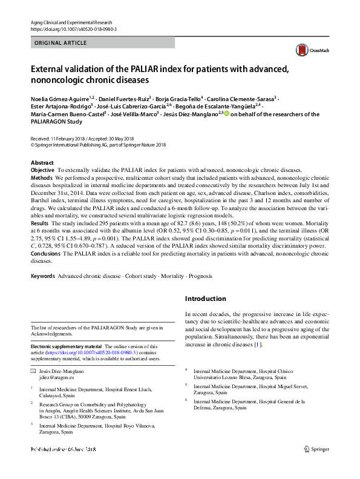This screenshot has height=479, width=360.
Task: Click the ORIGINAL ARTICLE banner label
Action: pos(61,43)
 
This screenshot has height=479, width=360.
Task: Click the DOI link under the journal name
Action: pos(73,28)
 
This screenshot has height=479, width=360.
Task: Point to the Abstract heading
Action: pos(42,163)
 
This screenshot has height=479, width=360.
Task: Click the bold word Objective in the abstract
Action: pos(42,171)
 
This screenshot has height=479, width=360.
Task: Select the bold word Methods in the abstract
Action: pos(42,179)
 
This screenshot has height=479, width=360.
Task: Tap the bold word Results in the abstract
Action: pos(40,223)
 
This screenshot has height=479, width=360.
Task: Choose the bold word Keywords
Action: pos(43,276)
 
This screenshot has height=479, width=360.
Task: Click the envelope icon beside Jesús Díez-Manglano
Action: pos(33,370)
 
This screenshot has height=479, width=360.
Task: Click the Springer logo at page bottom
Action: pos(316,449)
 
